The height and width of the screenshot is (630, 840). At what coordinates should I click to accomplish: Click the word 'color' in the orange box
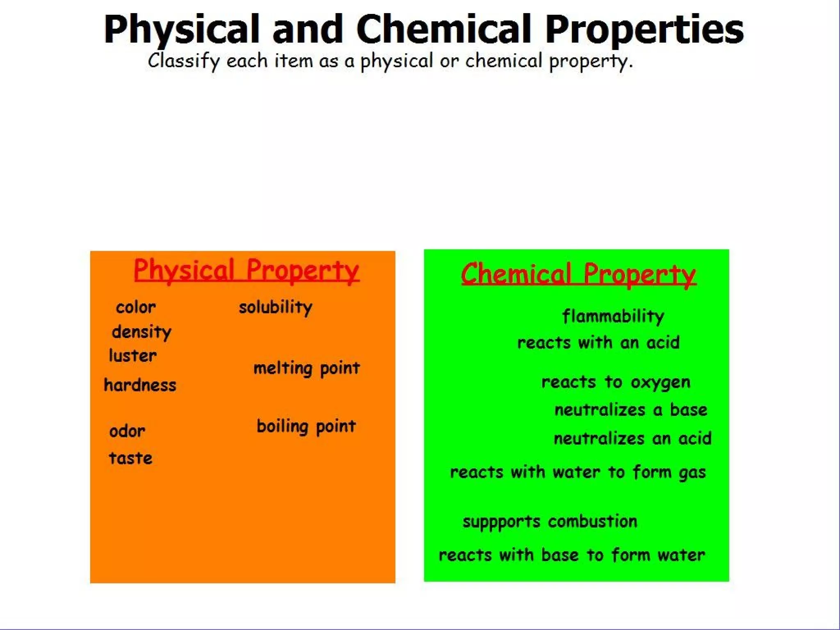(x=136, y=307)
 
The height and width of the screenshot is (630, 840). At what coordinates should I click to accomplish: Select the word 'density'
(x=142, y=332)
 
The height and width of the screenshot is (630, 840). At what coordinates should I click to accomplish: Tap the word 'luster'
(x=132, y=356)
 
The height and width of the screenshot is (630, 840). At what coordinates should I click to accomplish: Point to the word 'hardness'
(x=140, y=385)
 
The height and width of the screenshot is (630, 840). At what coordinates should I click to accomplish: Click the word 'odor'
(x=127, y=431)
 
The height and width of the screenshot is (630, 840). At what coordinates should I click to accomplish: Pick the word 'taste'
(x=130, y=458)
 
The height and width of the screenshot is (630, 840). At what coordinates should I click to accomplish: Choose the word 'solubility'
(x=276, y=307)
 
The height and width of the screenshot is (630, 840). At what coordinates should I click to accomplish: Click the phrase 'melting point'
(x=306, y=368)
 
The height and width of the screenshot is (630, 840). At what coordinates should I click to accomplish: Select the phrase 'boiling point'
(x=306, y=427)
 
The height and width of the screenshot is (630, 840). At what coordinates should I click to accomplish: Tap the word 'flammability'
(x=613, y=316)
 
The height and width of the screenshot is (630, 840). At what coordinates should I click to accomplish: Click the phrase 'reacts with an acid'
(x=598, y=342)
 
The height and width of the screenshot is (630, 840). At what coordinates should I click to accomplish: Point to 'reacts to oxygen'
(x=616, y=382)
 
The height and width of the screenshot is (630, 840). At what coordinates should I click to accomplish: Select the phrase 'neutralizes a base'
(x=631, y=410)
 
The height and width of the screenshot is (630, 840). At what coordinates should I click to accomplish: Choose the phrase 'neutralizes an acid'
(x=632, y=438)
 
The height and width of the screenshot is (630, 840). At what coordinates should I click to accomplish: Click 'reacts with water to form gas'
(x=578, y=472)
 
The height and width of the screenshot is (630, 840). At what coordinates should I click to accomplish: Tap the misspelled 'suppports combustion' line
(x=550, y=522)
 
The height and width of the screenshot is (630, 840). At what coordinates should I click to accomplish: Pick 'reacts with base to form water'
(x=572, y=555)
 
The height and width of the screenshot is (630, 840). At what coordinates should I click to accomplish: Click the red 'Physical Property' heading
(x=247, y=271)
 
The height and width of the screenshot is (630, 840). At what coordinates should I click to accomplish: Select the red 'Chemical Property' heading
(x=578, y=274)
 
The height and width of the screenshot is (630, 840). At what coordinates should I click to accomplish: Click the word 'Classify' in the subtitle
(x=184, y=61)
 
